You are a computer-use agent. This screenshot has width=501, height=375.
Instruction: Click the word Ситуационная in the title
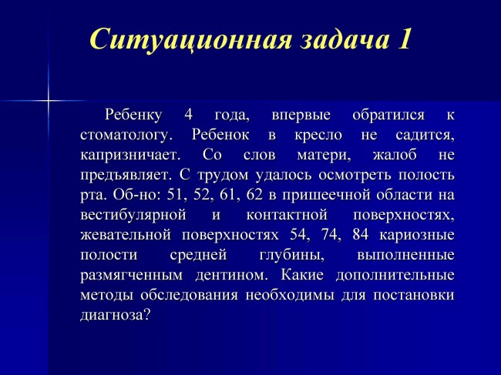click(x=190, y=39)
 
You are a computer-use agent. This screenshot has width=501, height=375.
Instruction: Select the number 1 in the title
click(x=404, y=39)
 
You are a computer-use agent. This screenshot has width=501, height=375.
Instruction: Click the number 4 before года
click(x=189, y=115)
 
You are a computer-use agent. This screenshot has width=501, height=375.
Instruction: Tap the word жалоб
click(x=395, y=155)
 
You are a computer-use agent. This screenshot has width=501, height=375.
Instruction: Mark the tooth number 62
click(x=254, y=195)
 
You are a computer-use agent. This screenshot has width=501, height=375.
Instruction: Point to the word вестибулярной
click(x=133, y=216)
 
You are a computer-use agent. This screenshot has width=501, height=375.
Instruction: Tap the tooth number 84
click(x=361, y=235)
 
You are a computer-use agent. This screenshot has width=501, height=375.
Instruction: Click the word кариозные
click(x=417, y=235)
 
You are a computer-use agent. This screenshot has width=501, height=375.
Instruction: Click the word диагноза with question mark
click(x=116, y=315)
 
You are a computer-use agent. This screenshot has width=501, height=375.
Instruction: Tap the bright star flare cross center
click(x=49, y=101)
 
